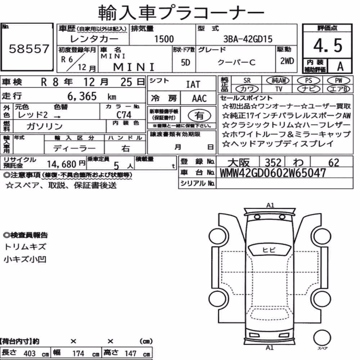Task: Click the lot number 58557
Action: tap(29, 49)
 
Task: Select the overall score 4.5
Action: tap(328, 45)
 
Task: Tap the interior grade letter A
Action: tap(340, 66)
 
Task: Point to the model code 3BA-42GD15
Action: tap(248, 39)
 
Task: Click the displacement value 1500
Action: tap(164, 39)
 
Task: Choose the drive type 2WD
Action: tap(287, 61)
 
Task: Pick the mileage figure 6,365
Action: tap(82, 96)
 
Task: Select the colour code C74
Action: tap(124, 115)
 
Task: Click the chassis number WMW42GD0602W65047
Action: tap(273, 173)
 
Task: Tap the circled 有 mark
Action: tap(199, 115)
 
